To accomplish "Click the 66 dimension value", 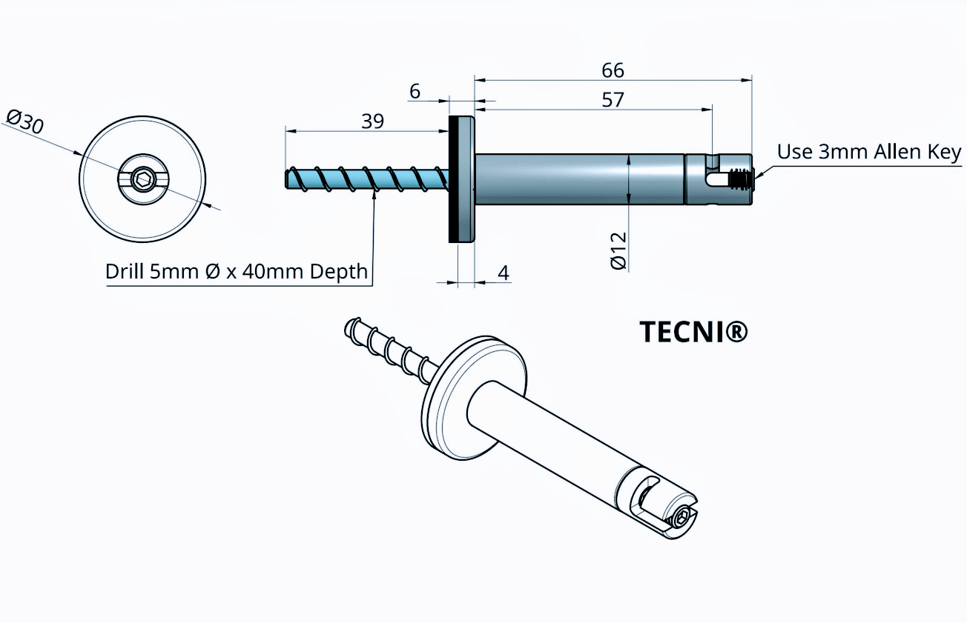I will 613,70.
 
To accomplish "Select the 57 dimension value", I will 613,99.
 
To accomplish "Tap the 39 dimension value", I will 372,121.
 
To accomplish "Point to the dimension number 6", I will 415,91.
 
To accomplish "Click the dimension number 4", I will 504,273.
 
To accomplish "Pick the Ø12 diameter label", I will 618,250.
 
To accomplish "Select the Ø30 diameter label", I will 24,121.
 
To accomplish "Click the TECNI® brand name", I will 693,333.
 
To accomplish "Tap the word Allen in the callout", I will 884,152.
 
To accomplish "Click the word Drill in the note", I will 126,271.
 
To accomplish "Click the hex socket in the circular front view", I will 142,179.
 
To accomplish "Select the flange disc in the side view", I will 461,179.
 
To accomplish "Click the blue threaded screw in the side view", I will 367,179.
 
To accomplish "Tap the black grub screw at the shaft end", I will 739,179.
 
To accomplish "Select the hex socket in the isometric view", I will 680,518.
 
